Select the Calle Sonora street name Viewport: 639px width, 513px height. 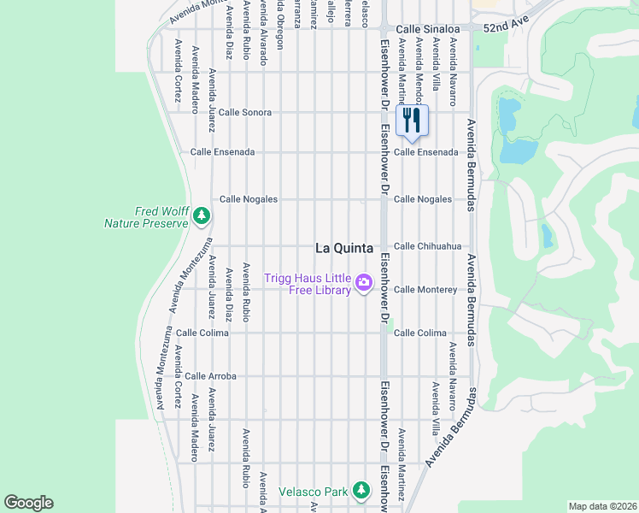(244, 112)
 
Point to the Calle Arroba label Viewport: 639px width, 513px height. (210, 375)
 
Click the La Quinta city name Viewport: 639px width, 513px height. (344, 248)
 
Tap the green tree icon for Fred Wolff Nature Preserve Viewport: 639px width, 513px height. (202, 215)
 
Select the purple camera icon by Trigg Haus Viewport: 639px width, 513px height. (364, 282)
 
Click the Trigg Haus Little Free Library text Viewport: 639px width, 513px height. (308, 284)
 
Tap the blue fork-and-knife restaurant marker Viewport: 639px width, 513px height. (412, 121)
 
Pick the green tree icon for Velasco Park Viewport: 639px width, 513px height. (361, 490)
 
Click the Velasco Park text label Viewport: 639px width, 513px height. (314, 492)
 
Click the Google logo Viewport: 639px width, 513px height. (28, 503)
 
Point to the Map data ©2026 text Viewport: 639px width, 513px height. (601, 506)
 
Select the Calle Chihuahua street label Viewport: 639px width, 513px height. (427, 246)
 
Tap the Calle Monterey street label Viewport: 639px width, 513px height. (425, 290)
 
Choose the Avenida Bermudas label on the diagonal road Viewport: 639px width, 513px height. (452, 427)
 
